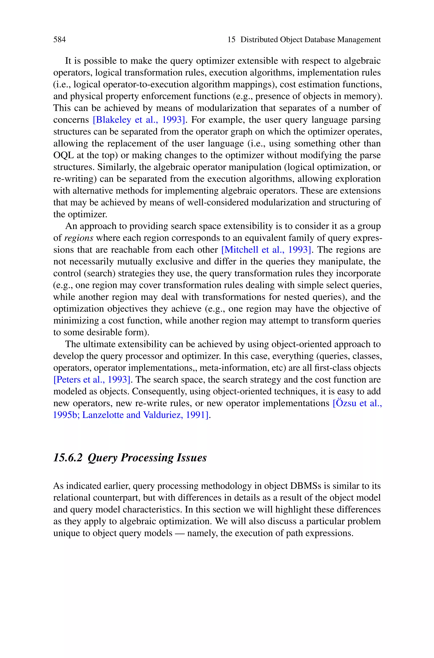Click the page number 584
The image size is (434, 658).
[x=60, y=40]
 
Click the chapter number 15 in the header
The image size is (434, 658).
[x=231, y=40]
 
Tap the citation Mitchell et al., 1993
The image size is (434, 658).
[x=267, y=250]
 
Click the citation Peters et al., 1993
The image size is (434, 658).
[x=92, y=380]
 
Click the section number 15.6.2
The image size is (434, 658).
[x=68, y=458]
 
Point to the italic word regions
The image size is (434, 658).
[x=79, y=238]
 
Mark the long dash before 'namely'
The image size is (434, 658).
[x=180, y=533]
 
